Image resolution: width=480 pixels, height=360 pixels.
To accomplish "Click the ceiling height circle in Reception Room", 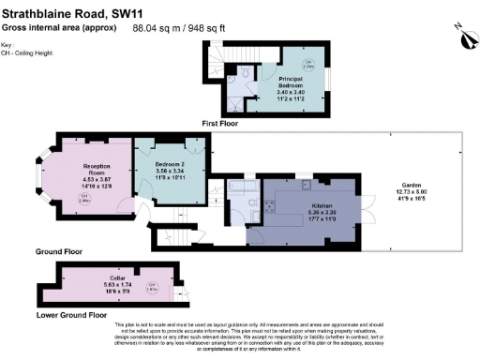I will [82, 200].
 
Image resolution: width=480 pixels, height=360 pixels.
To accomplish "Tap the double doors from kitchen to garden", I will [368, 205].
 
